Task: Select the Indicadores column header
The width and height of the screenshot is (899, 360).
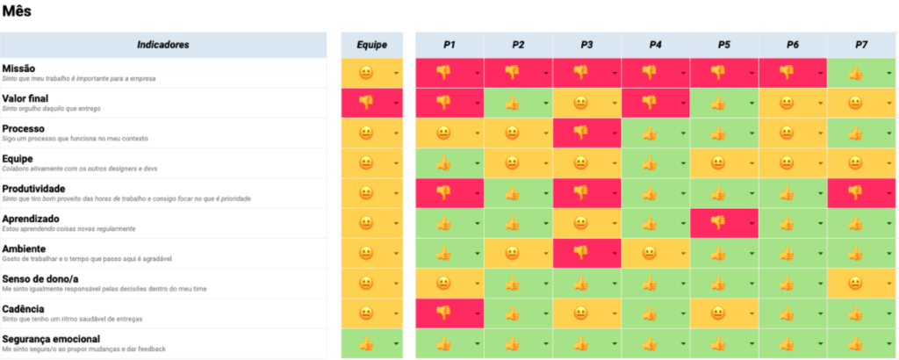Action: (162, 44)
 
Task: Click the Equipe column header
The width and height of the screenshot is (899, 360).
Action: (371, 44)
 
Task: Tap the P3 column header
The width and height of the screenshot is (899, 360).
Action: (586, 44)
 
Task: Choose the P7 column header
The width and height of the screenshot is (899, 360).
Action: (861, 44)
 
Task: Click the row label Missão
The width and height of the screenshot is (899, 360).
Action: (19, 68)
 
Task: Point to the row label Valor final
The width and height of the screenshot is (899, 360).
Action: (25, 98)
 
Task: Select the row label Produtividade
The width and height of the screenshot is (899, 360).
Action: (34, 189)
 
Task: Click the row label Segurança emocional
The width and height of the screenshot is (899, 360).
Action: (51, 339)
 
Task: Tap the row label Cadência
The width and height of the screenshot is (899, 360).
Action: (24, 309)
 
